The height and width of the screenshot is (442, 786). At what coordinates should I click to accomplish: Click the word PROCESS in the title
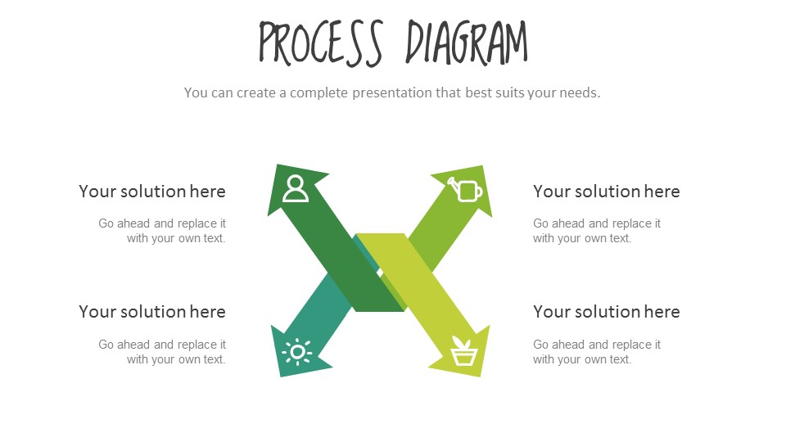point(321,43)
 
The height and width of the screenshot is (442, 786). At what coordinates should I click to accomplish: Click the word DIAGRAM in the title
point(467,43)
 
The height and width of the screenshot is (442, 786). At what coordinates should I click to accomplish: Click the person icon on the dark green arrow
point(296,189)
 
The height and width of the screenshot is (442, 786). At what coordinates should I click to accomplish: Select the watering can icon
point(466,189)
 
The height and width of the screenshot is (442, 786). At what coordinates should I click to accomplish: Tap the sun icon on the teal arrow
point(297,352)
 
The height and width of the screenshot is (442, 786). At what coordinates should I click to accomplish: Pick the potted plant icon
point(464,351)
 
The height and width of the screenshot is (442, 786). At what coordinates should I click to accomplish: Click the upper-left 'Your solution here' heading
point(152,192)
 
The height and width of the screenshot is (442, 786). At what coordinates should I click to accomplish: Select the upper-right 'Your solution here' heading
point(607,192)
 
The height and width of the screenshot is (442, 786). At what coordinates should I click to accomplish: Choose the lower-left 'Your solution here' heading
point(152,312)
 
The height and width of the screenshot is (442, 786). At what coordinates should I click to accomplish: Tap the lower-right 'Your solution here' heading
point(607,312)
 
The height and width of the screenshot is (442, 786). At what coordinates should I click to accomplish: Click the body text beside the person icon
point(162,231)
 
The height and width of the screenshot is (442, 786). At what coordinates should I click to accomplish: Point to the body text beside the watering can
point(597,231)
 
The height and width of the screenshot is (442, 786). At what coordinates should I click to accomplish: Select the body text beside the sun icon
point(162,352)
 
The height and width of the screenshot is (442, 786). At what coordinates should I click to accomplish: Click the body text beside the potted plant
point(597,352)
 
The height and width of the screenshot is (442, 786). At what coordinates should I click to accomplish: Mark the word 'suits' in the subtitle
point(509,92)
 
